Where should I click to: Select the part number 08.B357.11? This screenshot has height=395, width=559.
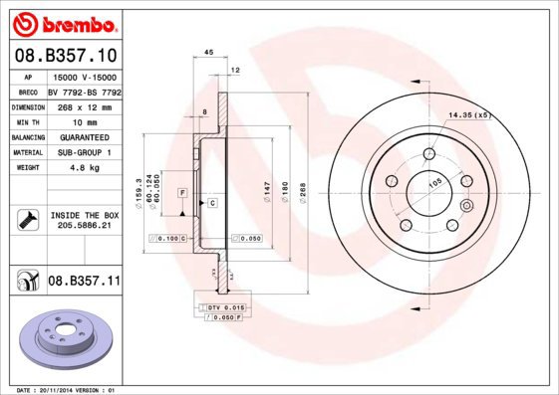tap(84, 282)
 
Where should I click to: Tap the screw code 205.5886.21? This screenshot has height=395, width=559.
tap(83, 226)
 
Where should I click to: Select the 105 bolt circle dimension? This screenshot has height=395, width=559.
tap(435, 183)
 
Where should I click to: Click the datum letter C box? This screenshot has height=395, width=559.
tap(211, 202)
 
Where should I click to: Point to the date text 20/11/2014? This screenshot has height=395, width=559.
tap(66, 390)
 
